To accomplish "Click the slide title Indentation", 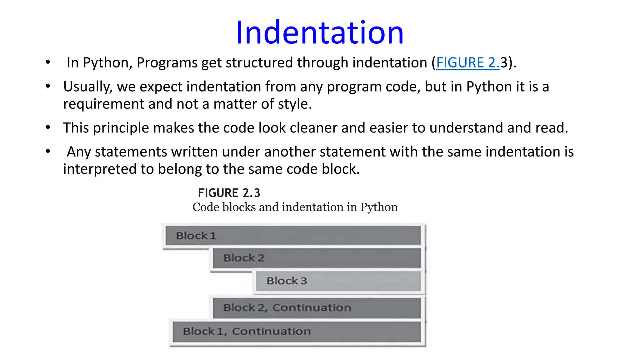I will tap(320, 32).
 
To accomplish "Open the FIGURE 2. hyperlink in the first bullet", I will tap(467, 63).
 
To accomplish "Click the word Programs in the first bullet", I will tap(167, 63).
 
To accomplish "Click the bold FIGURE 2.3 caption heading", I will tap(229, 193).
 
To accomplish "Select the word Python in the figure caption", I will tap(379, 207).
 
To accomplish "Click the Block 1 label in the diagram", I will tap(196, 236).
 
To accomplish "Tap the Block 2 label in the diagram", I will tap(244, 258).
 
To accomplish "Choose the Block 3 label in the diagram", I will tap(287, 281).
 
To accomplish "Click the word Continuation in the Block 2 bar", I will tap(312, 308).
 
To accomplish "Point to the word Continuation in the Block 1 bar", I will tap(271, 331).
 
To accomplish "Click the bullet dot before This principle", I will tap(48, 127).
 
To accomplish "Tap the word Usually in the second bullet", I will tap(88, 87).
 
